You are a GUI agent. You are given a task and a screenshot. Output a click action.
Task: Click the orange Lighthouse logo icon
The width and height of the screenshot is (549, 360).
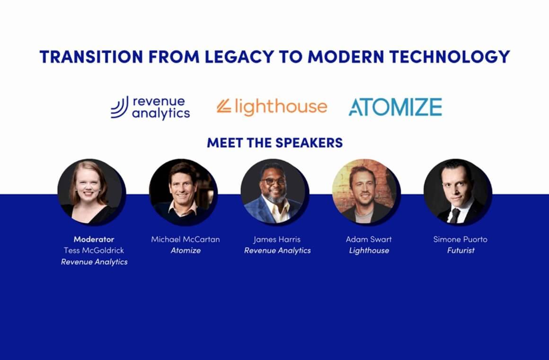click(x=224, y=107)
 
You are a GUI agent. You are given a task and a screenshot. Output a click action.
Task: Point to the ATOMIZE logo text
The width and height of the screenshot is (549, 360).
click(x=395, y=107)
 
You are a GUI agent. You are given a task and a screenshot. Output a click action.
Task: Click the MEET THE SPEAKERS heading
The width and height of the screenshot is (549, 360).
click(x=274, y=143)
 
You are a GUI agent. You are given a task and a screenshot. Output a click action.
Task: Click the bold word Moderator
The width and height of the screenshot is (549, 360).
click(x=94, y=239)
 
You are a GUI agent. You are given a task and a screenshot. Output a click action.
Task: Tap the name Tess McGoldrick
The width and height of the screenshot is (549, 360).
click(x=94, y=250)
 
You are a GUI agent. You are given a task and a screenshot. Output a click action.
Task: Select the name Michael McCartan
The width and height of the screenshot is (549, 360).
click(x=186, y=239)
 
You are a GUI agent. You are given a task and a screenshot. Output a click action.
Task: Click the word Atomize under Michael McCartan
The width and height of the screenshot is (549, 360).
click(x=186, y=251)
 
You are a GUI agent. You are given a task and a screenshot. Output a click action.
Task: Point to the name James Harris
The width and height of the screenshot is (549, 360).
click(x=277, y=239)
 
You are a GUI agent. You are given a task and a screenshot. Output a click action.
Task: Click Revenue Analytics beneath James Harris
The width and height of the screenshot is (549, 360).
click(x=277, y=251)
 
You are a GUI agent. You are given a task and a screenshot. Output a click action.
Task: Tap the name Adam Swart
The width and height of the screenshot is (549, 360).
click(x=369, y=239)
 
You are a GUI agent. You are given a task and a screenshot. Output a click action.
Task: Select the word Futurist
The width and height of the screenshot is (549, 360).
click(x=460, y=251)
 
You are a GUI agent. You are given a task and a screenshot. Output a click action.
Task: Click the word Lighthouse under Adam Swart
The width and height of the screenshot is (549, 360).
click(x=369, y=251)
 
